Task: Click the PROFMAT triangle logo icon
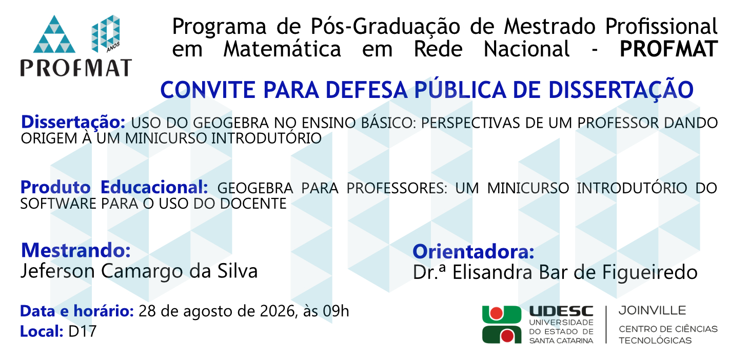tap(54, 35)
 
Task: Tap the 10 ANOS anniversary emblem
tap(106, 33)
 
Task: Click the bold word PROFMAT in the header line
tap(668, 49)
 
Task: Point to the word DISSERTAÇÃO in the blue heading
tap(621, 90)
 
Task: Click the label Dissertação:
tap(73, 122)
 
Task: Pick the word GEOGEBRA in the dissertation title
tap(231, 123)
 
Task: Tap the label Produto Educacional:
tap(114, 187)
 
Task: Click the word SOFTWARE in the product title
tap(58, 204)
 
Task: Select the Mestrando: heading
tap(75, 250)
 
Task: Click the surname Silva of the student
tap(238, 271)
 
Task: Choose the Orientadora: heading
tap(473, 252)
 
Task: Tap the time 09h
tap(336, 311)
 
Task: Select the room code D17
tap(82, 331)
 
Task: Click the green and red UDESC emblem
tap(502, 324)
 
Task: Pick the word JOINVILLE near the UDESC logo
tap(652, 311)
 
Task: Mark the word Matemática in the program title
tap(282, 49)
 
